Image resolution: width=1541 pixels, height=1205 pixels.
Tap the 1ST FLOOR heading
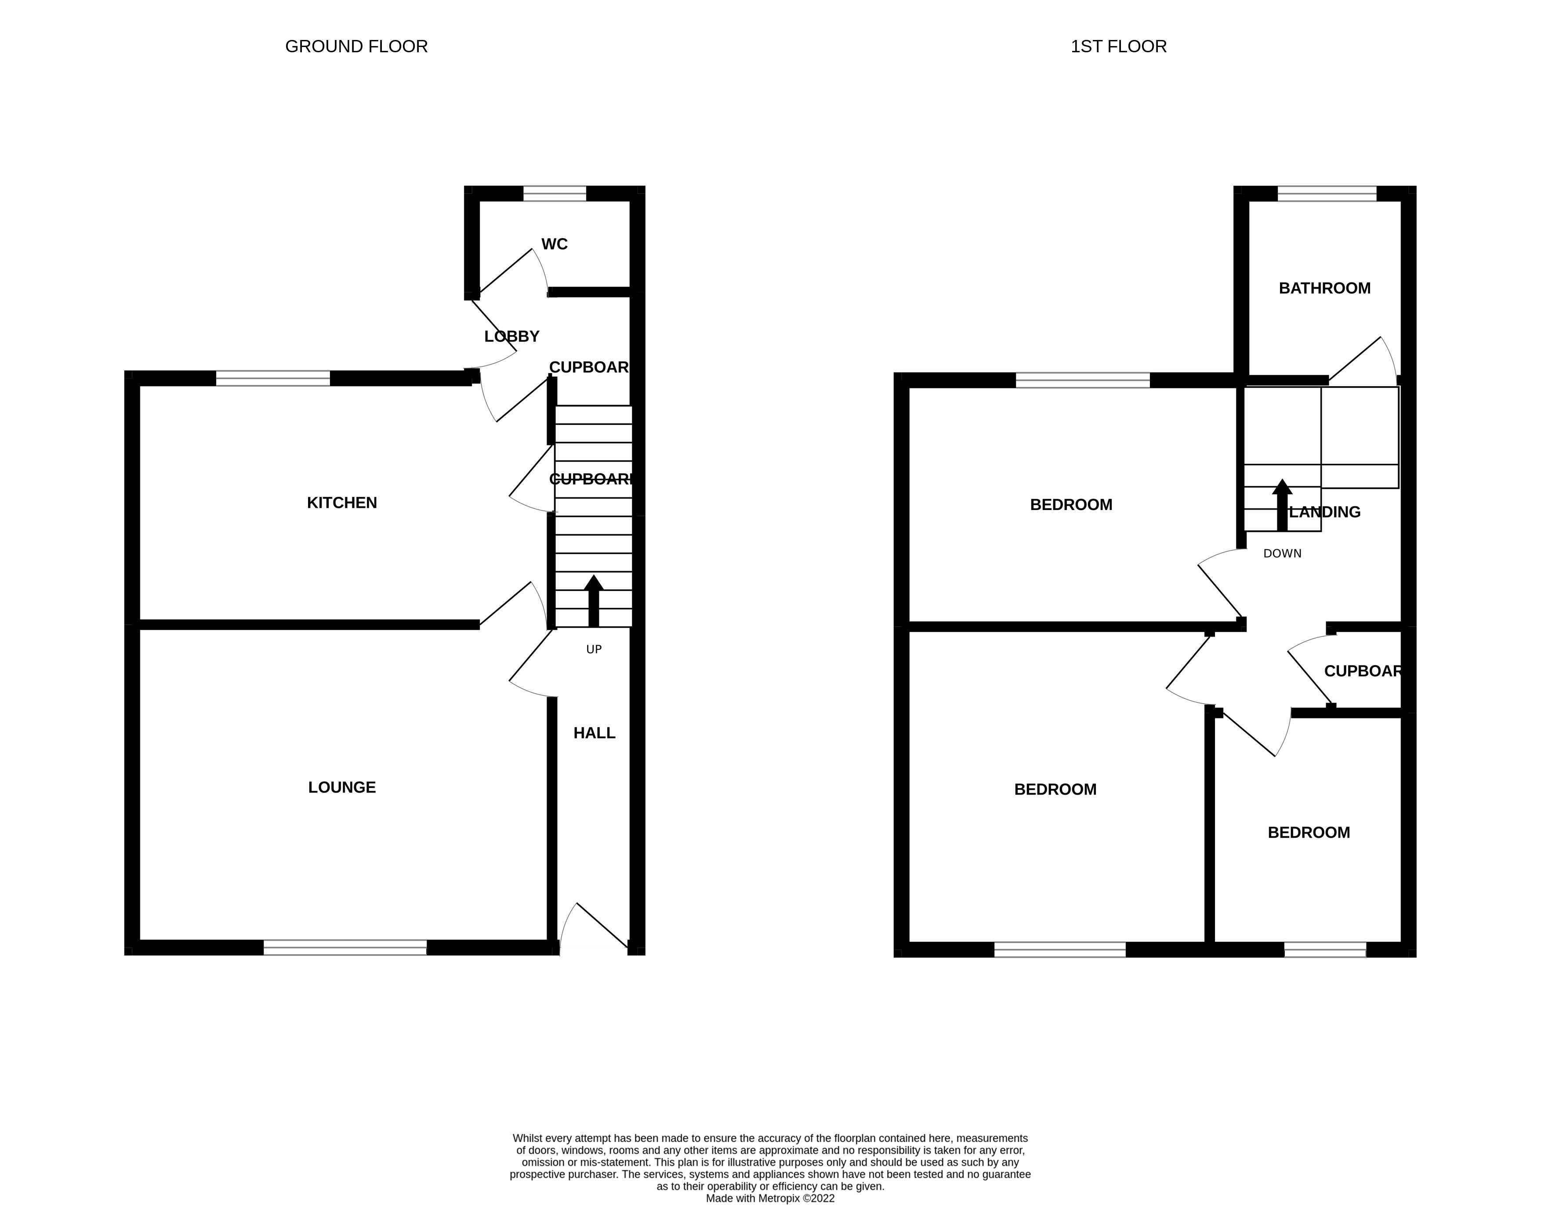coord(1118,47)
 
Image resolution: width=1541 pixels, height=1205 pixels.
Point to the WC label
coord(554,244)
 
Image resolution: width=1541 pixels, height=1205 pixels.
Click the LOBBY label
coord(511,337)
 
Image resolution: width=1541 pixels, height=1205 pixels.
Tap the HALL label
coord(594,733)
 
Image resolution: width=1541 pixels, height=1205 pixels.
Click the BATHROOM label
coord(1324,288)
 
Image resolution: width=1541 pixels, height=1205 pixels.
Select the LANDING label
coord(1324,512)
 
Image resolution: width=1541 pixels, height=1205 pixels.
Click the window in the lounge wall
coord(345,948)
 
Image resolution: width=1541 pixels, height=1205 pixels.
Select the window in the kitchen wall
coord(272,379)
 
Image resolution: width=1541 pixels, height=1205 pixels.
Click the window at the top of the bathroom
coord(1327,193)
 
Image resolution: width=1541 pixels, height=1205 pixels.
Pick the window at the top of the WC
coord(554,193)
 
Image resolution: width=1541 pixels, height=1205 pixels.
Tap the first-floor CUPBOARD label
coord(1362,671)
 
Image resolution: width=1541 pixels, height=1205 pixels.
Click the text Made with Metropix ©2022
coord(770,1198)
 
